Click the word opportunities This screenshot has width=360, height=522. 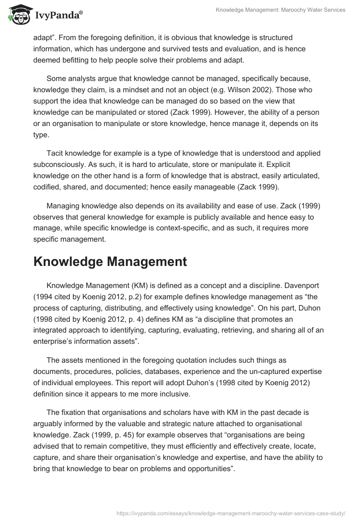(x=206, y=459)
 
